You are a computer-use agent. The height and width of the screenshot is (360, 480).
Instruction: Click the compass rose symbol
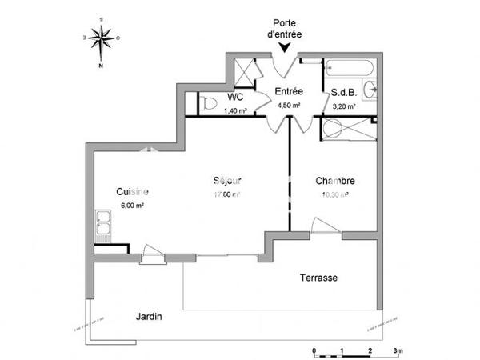click(x=101, y=38)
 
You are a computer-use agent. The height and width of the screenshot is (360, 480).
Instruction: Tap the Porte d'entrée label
click(x=286, y=29)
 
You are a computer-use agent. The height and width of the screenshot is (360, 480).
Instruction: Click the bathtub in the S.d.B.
click(x=350, y=70)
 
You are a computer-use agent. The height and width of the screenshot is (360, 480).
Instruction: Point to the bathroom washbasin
click(x=370, y=89)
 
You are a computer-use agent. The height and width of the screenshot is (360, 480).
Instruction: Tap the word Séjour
click(x=227, y=180)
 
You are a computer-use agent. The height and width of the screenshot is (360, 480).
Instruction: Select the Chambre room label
click(x=335, y=181)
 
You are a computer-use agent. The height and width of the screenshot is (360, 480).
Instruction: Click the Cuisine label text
click(x=132, y=191)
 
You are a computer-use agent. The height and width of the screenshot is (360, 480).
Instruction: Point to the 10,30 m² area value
click(x=334, y=194)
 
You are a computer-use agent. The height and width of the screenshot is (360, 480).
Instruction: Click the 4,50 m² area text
click(x=289, y=105)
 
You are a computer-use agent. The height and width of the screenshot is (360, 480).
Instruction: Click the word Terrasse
click(x=318, y=278)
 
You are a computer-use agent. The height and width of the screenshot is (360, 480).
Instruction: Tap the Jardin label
click(x=149, y=316)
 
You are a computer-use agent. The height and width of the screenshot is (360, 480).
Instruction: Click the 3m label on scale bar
click(x=398, y=350)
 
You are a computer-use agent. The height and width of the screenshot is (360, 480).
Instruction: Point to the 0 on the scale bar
click(x=314, y=350)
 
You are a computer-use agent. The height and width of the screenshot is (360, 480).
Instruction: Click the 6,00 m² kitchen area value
click(x=132, y=205)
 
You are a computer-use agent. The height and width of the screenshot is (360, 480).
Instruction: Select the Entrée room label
click(x=288, y=91)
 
